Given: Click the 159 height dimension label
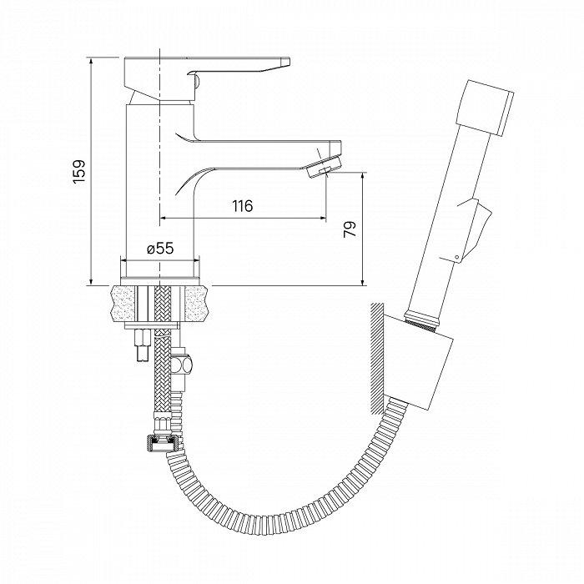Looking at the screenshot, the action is [x=79, y=171].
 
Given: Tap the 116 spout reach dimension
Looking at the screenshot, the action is [x=243, y=205].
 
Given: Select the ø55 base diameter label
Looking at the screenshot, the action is [x=160, y=248].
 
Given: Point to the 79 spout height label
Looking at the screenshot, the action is [x=350, y=229].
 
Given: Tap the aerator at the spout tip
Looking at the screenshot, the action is [x=324, y=167].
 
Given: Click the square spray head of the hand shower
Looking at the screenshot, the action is [x=485, y=107].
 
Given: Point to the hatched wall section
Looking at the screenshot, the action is [x=377, y=359].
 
